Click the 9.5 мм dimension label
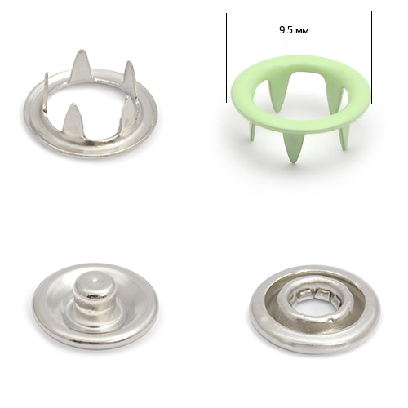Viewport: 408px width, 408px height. pyautogui.click(x=294, y=30)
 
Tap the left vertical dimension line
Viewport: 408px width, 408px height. pyautogui.click(x=226, y=58)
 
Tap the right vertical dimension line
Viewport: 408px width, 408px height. pyautogui.click(x=371, y=58)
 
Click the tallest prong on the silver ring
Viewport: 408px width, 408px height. pyautogui.click(x=81, y=65)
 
